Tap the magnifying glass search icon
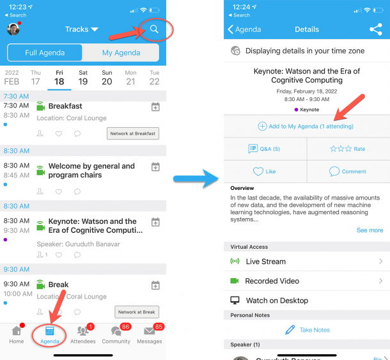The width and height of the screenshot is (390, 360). (x=153, y=29)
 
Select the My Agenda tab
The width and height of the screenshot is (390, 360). (x=121, y=52)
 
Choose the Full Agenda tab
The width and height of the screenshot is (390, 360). (x=45, y=52)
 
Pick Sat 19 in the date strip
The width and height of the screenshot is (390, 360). (x=83, y=77)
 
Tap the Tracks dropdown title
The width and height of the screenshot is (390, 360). (x=81, y=29)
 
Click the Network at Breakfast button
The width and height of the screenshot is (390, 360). (x=132, y=133)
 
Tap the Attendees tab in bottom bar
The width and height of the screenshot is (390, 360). (x=82, y=334)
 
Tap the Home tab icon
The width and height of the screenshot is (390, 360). (x=17, y=334)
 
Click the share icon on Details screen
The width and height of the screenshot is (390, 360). (x=375, y=29)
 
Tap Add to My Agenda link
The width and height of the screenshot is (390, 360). (x=306, y=127)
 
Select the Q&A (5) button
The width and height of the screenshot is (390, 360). (x=265, y=149)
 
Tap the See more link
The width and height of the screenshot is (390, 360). (x=370, y=230)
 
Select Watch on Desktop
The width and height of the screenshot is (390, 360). (x=276, y=301)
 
